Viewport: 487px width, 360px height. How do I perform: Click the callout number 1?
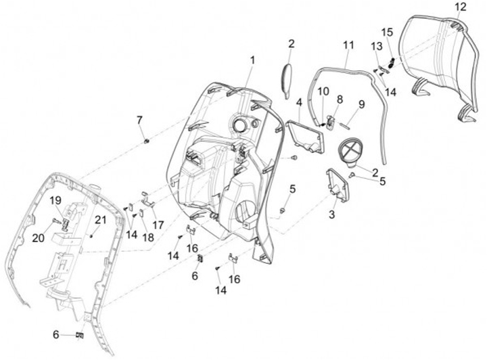tap(252, 60)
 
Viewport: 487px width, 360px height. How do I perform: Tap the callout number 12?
tap(460, 7)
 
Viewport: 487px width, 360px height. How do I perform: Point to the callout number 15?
tap(387, 32)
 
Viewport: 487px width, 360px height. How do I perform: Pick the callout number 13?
tap(377, 45)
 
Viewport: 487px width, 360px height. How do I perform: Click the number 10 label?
tap(323, 91)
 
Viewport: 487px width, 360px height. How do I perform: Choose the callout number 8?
tap(340, 99)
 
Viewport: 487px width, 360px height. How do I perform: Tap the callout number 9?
tap(361, 104)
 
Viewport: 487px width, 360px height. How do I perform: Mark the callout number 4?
tap(298, 102)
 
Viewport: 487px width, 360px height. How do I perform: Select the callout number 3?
tap(332, 215)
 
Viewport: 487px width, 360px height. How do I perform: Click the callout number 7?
tap(140, 120)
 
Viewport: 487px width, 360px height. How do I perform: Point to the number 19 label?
tap(55, 200)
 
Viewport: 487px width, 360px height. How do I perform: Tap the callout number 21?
tap(100, 219)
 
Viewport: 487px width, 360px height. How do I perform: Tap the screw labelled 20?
tap(53, 221)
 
